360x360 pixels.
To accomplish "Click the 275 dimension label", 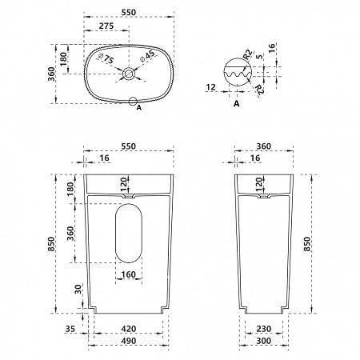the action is click(106, 26).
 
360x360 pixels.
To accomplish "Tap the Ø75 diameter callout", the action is click(106, 58).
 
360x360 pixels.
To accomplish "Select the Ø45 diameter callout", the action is click(147, 56).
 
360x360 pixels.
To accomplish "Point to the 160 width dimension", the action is click(129, 274).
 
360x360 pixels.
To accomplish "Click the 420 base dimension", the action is click(129, 329).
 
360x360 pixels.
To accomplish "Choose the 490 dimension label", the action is click(129, 341).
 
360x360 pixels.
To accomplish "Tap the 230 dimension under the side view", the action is click(264, 329).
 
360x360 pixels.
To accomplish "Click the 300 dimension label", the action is click(264, 341).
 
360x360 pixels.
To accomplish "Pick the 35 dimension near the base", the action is click(70, 329).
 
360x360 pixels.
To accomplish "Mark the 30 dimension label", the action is click(78, 290).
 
